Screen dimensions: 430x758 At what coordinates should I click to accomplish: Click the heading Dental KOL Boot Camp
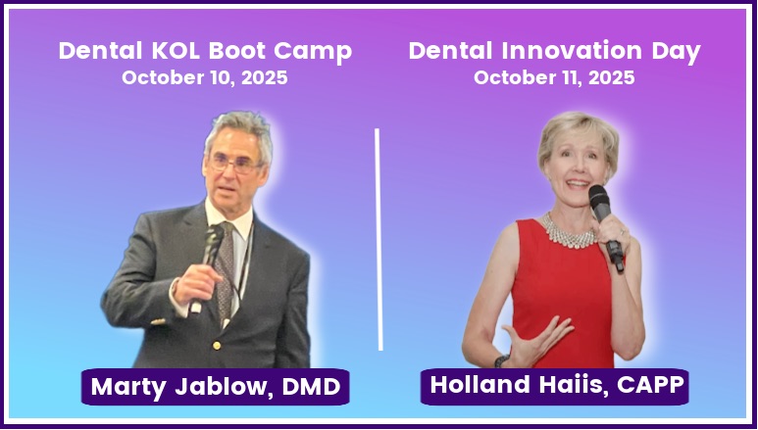click(205, 51)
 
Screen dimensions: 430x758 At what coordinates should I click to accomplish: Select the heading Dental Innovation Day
click(554, 51)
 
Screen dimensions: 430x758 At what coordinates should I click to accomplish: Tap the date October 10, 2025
click(205, 78)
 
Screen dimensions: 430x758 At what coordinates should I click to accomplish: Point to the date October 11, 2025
click(554, 78)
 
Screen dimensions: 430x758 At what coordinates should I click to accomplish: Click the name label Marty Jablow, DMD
click(216, 387)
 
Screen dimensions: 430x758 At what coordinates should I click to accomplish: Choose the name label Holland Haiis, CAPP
click(554, 386)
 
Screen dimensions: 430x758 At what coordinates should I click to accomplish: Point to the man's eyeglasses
click(233, 164)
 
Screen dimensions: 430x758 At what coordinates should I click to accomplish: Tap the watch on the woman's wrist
click(501, 361)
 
